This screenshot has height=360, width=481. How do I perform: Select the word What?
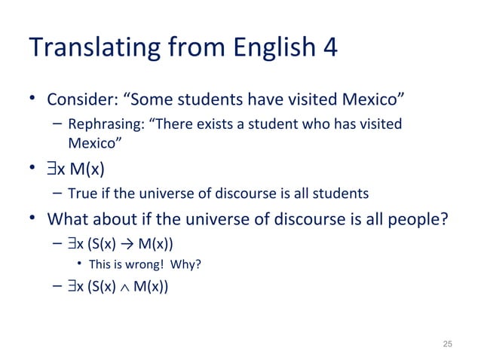point(69,220)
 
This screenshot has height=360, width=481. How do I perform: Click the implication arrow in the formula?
point(118,245)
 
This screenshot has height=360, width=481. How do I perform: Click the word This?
point(101,264)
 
